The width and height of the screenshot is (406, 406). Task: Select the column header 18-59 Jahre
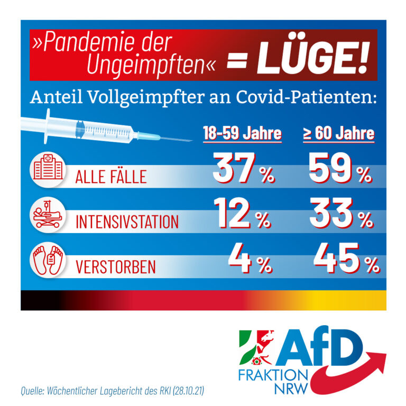tap(243, 133)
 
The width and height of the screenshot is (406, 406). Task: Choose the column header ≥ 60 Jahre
tap(338, 133)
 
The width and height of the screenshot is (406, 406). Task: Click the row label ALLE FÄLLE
tap(110, 177)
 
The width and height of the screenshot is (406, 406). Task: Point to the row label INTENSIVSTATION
tap(127, 222)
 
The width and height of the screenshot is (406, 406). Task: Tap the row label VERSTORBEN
tap(116, 266)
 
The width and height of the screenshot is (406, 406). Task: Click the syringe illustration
tap(106, 128)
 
